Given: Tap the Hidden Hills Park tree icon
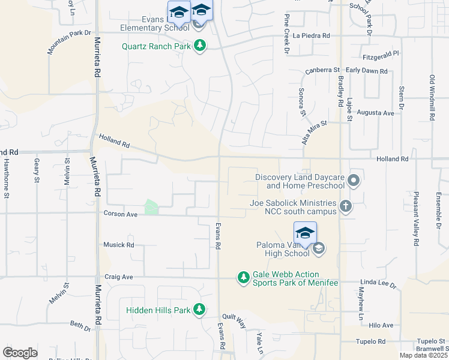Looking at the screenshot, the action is tap(199, 310).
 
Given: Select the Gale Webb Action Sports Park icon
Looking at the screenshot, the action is tap(243, 277).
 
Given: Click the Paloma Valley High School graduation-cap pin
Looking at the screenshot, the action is tap(305, 233).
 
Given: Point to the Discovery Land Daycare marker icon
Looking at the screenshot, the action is tap(354, 180).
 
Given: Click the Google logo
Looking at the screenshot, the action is tap(20, 353).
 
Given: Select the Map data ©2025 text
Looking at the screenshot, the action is tap(423, 355).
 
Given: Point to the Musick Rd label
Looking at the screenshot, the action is tap(118, 245).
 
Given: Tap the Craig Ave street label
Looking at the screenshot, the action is tap(118, 277).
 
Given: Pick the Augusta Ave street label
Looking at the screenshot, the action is tap(375, 113).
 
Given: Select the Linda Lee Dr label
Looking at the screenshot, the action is tap(379, 282).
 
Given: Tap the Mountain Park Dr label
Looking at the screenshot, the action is tap(70, 43).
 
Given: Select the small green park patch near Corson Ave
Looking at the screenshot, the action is tap(151, 208).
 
